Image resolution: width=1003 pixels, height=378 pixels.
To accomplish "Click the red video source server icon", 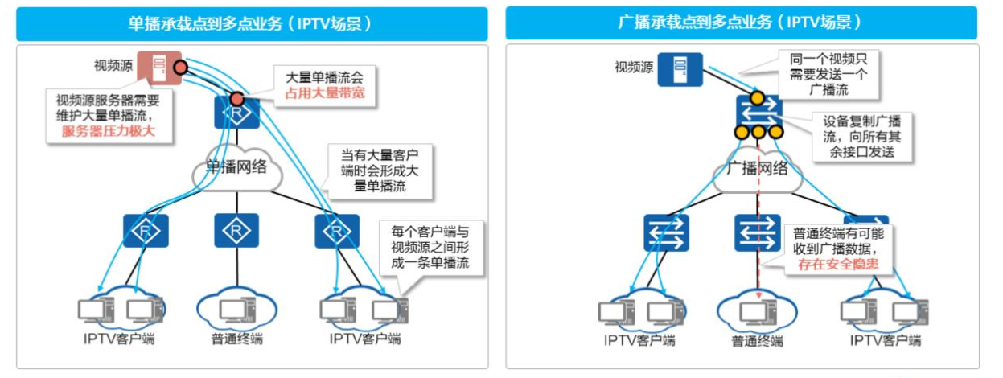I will click(x=156, y=68).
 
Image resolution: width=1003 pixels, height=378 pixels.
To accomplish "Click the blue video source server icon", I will click(x=680, y=69).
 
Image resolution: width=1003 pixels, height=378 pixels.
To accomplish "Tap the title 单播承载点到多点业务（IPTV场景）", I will click(x=252, y=23).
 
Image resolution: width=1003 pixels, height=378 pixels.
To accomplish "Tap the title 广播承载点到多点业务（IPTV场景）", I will click(x=741, y=23).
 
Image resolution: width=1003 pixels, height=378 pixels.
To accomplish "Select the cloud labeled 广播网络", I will click(x=756, y=170).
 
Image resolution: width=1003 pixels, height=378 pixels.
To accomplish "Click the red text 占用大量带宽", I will click(x=324, y=93).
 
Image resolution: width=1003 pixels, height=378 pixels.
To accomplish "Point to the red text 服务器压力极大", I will click(x=108, y=131).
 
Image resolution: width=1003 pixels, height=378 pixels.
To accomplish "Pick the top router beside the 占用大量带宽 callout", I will click(x=236, y=112).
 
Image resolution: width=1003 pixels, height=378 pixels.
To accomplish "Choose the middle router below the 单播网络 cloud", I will click(x=236, y=232).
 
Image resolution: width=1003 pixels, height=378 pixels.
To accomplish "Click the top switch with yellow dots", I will click(x=756, y=113).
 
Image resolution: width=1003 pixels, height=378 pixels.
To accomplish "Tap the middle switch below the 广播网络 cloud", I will click(x=756, y=233).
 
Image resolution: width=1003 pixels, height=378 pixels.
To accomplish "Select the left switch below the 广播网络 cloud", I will click(x=665, y=233).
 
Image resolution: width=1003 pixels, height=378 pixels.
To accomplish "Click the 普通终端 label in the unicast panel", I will click(x=236, y=339).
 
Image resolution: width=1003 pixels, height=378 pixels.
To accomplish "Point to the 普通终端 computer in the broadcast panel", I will click(x=756, y=311).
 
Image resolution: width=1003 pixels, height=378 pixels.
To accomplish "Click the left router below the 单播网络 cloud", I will click(x=145, y=232).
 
